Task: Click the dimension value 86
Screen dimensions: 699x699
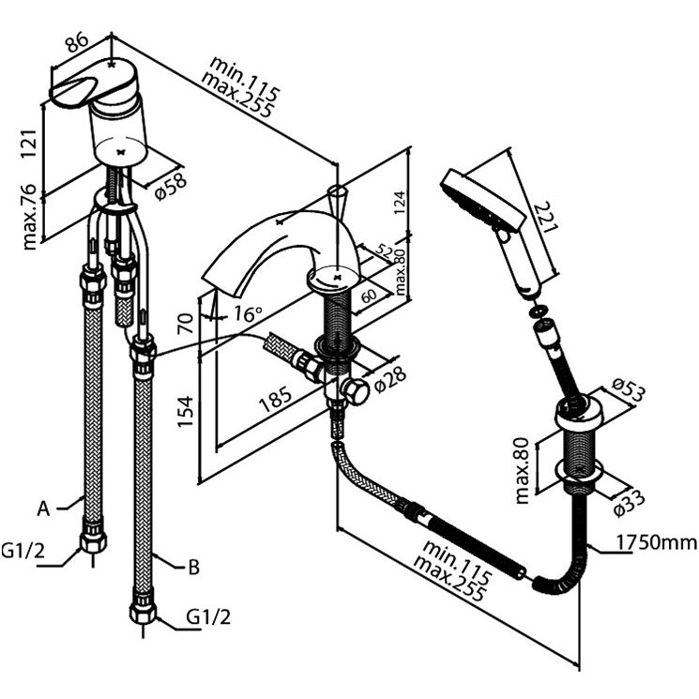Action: [77, 43]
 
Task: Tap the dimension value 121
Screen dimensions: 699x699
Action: [29, 144]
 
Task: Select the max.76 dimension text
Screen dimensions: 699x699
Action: [29, 216]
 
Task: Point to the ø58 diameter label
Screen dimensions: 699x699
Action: [171, 188]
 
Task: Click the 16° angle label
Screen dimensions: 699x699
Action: [248, 313]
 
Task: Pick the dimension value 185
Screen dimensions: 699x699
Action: [277, 398]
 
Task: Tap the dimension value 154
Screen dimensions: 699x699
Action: [186, 411]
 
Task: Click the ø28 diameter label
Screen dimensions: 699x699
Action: [391, 379]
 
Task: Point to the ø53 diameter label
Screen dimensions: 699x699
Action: [629, 389]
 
